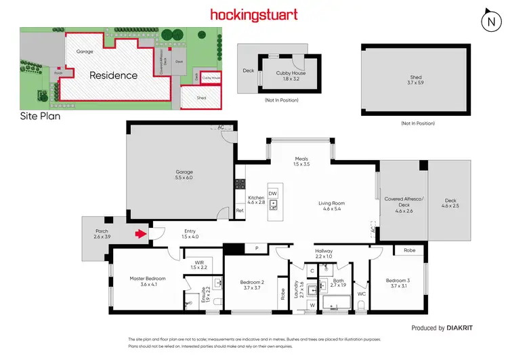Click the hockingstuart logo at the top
click(x=254, y=14)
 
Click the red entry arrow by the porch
click(x=141, y=235)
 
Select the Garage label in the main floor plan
click(x=184, y=172)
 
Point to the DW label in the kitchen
click(x=273, y=193)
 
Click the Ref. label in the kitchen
click(x=240, y=211)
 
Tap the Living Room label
click(x=333, y=203)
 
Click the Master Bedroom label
click(x=148, y=278)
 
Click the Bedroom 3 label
click(x=398, y=280)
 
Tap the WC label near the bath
click(x=361, y=294)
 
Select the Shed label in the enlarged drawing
click(x=416, y=77)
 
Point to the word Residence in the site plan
click(x=113, y=75)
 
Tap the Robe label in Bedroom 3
click(x=409, y=250)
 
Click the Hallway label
click(x=324, y=252)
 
